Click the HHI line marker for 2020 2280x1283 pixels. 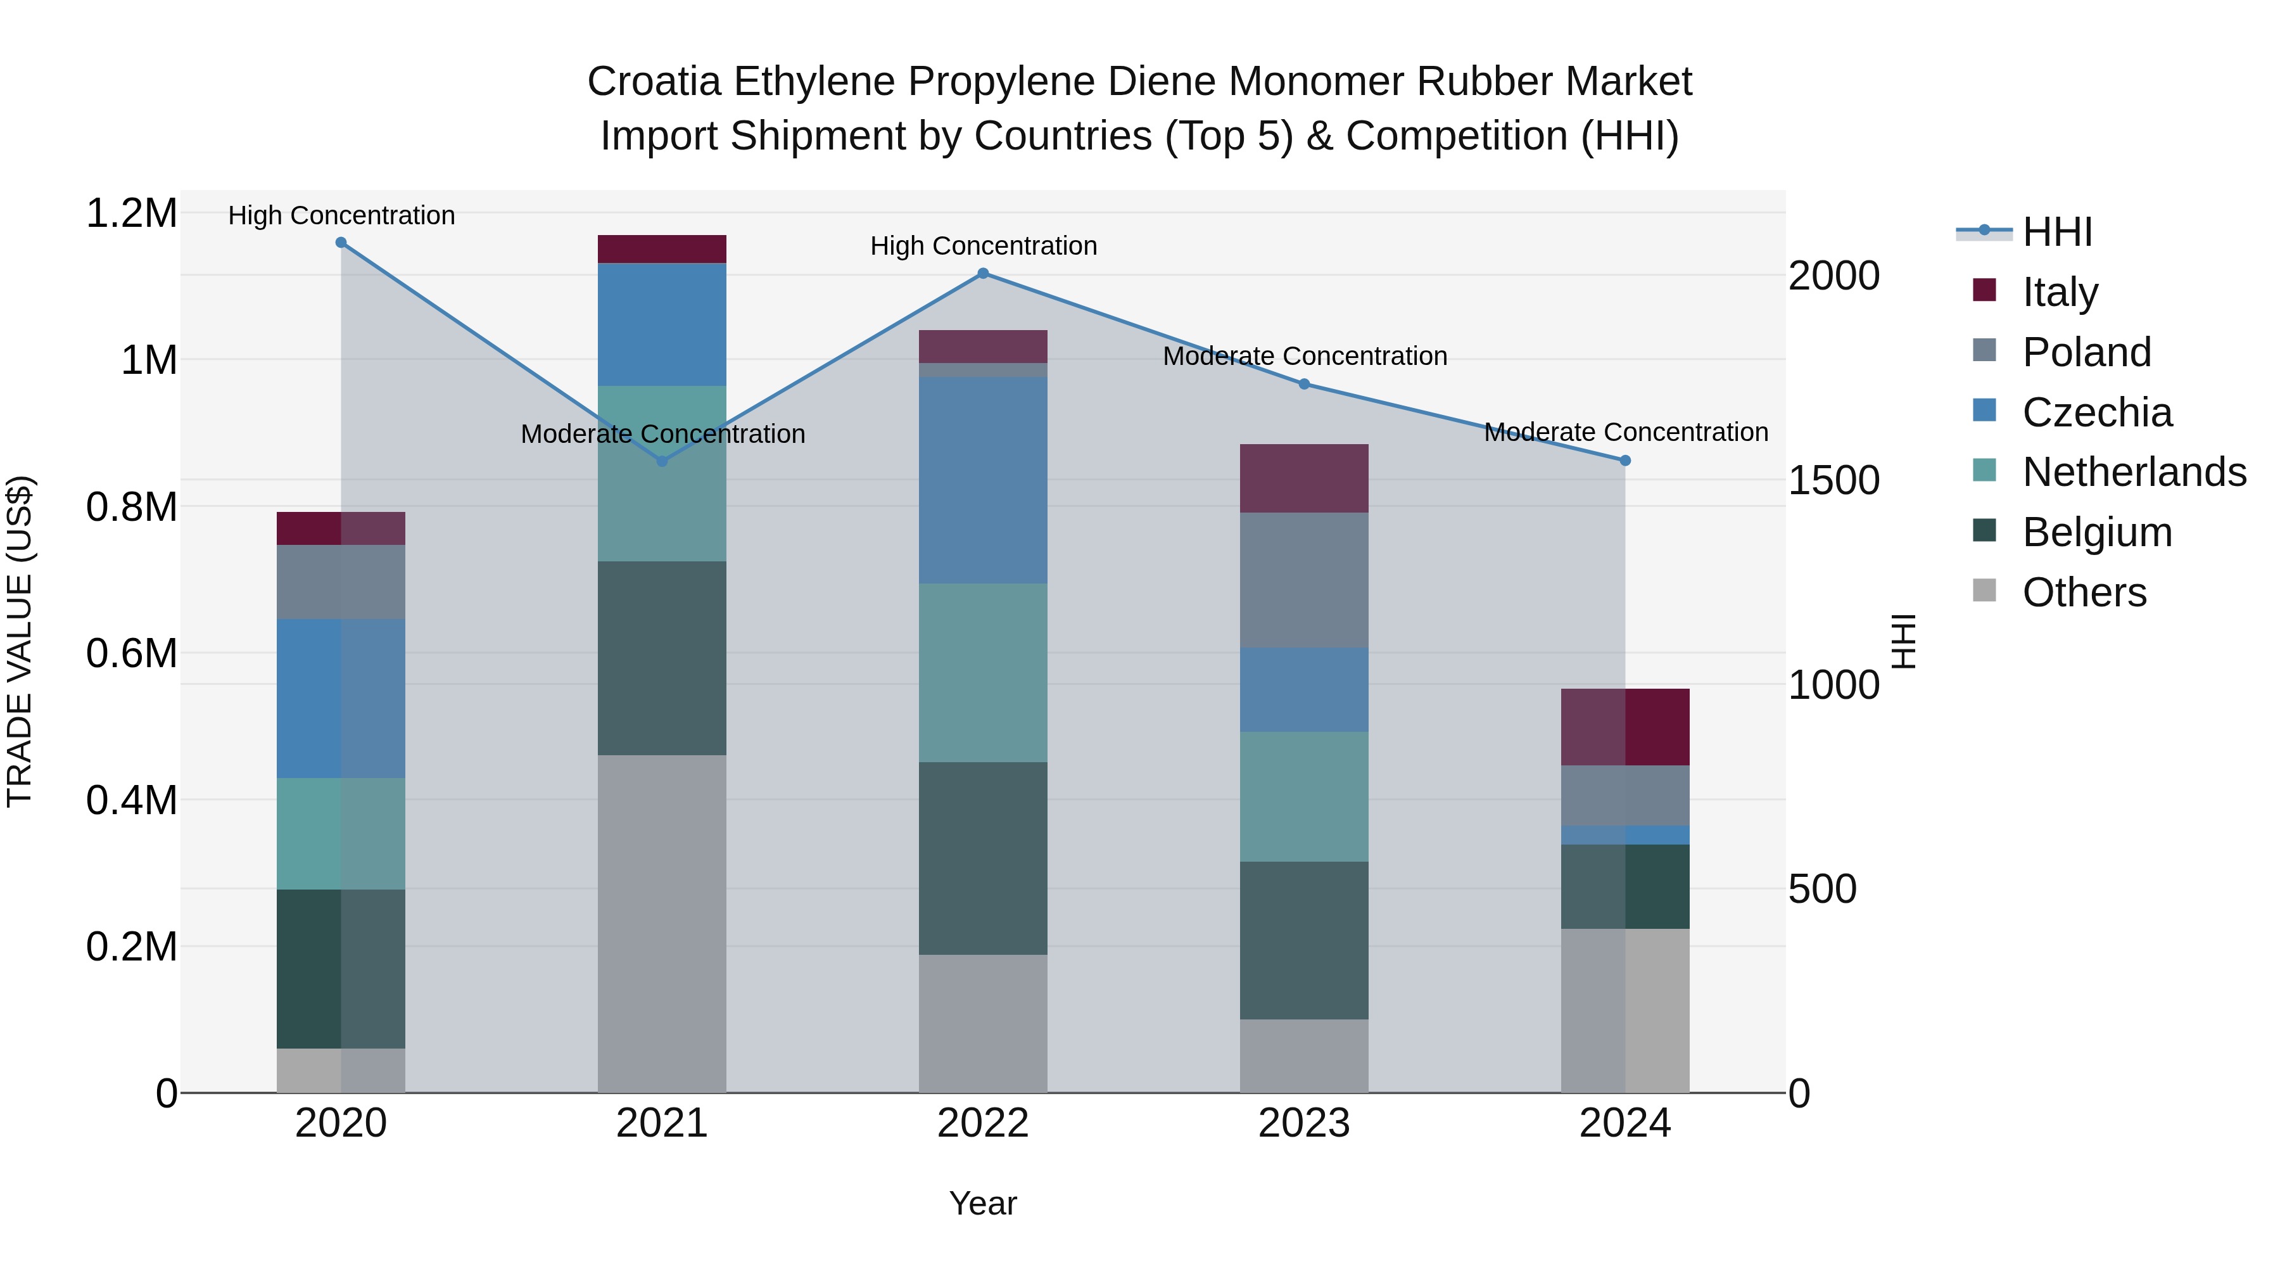[341, 243]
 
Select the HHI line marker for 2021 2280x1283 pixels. [662, 461]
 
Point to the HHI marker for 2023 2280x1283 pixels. [1304, 385]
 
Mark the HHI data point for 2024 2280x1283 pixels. [1625, 461]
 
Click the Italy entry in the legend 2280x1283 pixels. [2060, 292]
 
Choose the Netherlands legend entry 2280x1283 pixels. [2134, 472]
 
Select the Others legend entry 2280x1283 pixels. [2084, 592]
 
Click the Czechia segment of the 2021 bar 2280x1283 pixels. [662, 324]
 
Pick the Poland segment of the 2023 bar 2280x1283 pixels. [1304, 580]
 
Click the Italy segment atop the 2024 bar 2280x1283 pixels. [1625, 727]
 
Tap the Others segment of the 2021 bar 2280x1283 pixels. [662, 924]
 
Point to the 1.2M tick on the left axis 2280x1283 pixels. [131, 214]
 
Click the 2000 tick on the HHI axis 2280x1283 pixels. [1833, 276]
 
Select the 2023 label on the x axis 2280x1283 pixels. [1304, 1123]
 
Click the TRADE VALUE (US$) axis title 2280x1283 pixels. [20, 641]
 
